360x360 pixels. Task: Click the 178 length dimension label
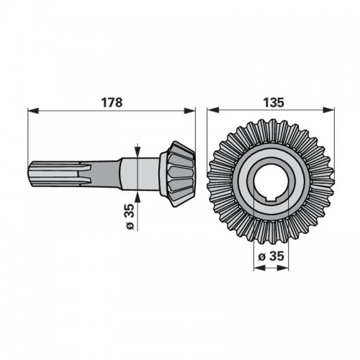112,103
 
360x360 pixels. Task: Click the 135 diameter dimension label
274,103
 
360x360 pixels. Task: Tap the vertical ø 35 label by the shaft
130,217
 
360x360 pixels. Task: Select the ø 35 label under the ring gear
271,256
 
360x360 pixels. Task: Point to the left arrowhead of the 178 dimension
33,111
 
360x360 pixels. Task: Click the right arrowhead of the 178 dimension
189,111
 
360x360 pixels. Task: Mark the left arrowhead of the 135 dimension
213,110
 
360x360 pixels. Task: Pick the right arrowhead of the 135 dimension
328,110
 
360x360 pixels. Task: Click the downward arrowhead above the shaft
138,152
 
